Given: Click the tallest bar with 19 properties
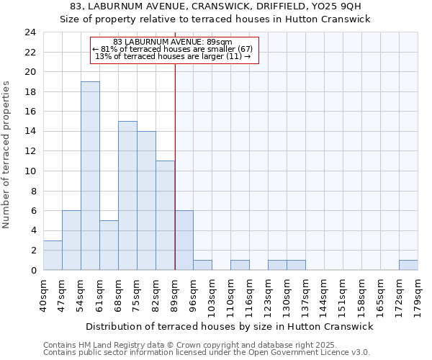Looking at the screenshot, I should pos(90,176).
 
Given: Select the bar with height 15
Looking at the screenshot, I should pos(127,196).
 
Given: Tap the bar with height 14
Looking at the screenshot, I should pos(146,201).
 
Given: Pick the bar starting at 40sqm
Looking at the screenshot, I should pos(53,256).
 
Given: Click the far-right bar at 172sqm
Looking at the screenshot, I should pos(408,265).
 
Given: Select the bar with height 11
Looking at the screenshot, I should pos(165,215).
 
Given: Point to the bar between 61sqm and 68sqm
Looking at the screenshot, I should pos(109,246).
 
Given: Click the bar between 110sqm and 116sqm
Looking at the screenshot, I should pos(240,265).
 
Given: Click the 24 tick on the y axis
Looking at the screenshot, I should pos(30,32).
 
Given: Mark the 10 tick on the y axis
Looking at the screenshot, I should pos(30,171).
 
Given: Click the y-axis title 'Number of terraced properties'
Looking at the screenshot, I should pos(7,155).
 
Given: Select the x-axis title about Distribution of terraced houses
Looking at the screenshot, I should pos(230,326).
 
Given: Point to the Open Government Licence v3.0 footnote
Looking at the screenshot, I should pos(207,352).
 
